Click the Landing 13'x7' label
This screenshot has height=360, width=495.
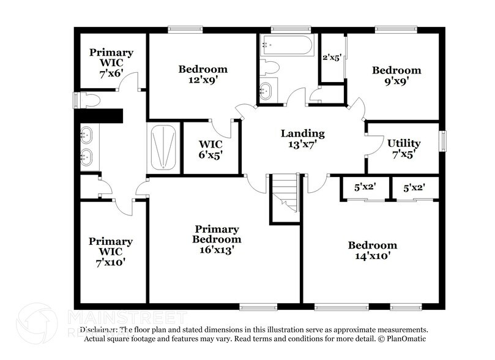tap(302, 139)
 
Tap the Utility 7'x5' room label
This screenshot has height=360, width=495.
tap(404, 148)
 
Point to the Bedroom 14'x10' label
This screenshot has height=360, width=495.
tap(372, 250)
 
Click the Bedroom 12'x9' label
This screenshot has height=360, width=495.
tap(203, 74)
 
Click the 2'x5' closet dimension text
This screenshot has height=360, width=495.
tap(331, 58)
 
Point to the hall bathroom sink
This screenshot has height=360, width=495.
tap(266, 91)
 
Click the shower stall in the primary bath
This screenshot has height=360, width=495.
tap(163, 147)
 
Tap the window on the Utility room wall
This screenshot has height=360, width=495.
tap(444, 140)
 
